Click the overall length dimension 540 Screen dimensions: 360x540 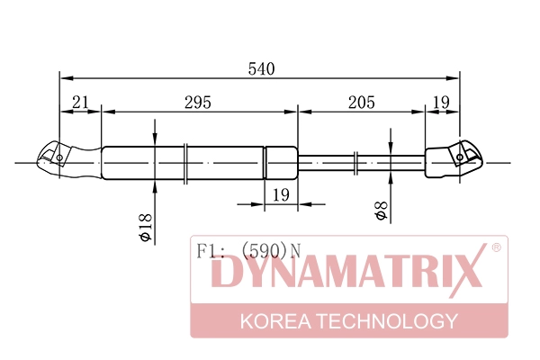pos(261,69)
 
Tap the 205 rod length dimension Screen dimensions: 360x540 pos(360,103)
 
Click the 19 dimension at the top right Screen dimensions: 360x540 pos(440,103)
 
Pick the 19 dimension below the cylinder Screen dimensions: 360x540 pos(280,194)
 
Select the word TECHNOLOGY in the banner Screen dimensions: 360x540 pos(391,321)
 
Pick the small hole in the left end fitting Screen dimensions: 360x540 pos(60,158)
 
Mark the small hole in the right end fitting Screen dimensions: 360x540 pos(460,157)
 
